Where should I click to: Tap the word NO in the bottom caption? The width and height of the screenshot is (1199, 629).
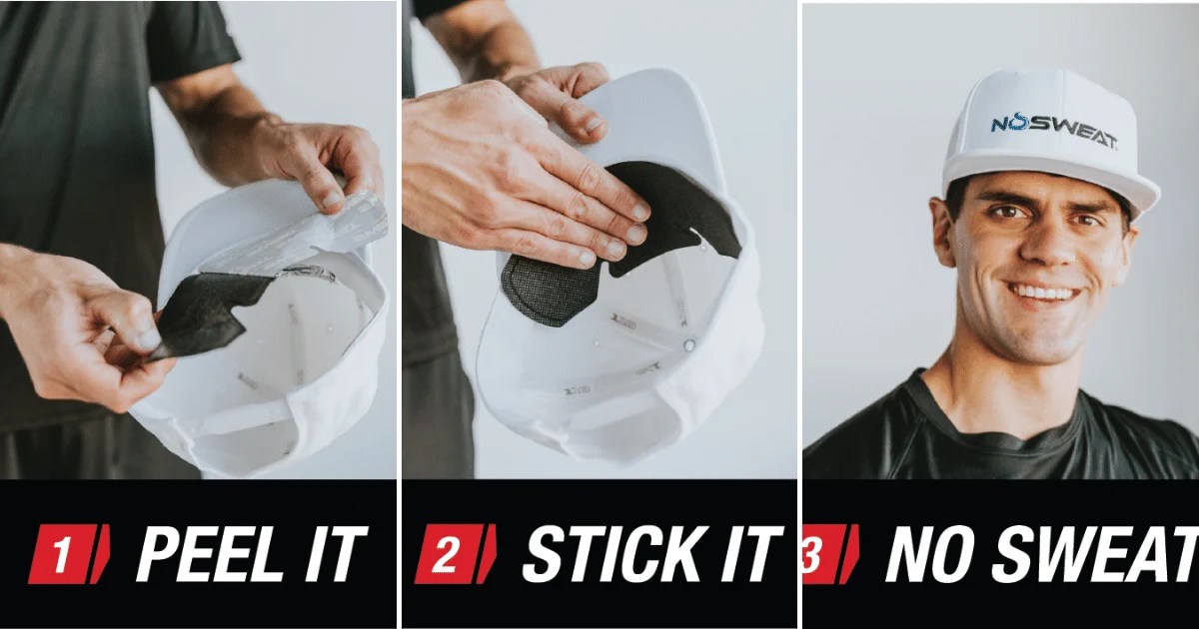935,553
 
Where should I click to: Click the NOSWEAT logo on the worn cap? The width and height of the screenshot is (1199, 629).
1053,129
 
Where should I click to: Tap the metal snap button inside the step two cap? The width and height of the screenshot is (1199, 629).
688,345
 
